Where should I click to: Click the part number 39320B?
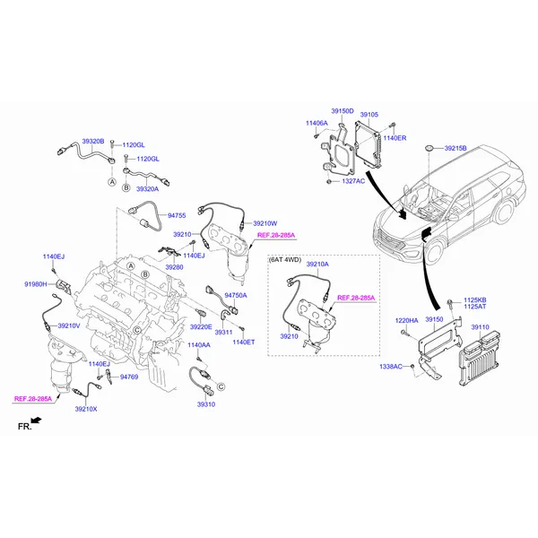(92, 141)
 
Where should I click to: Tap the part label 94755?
(177, 215)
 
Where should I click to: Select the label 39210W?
(265, 223)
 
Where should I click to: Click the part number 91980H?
(36, 284)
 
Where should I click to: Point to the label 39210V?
(69, 325)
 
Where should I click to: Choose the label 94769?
(129, 377)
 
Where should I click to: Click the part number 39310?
(206, 404)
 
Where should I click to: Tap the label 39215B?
(456, 148)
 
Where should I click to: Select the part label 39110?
(480, 327)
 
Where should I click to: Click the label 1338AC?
(390, 367)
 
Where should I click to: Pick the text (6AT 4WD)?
(284, 260)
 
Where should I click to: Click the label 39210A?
(317, 264)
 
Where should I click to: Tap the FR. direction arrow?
(36, 421)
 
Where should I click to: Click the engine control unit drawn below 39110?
(480, 359)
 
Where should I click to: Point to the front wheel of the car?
(433, 253)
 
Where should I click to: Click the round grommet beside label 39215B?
(429, 148)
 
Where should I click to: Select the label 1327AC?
(353, 181)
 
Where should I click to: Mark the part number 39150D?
(343, 111)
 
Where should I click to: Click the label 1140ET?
(244, 343)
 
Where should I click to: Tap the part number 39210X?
(86, 409)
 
